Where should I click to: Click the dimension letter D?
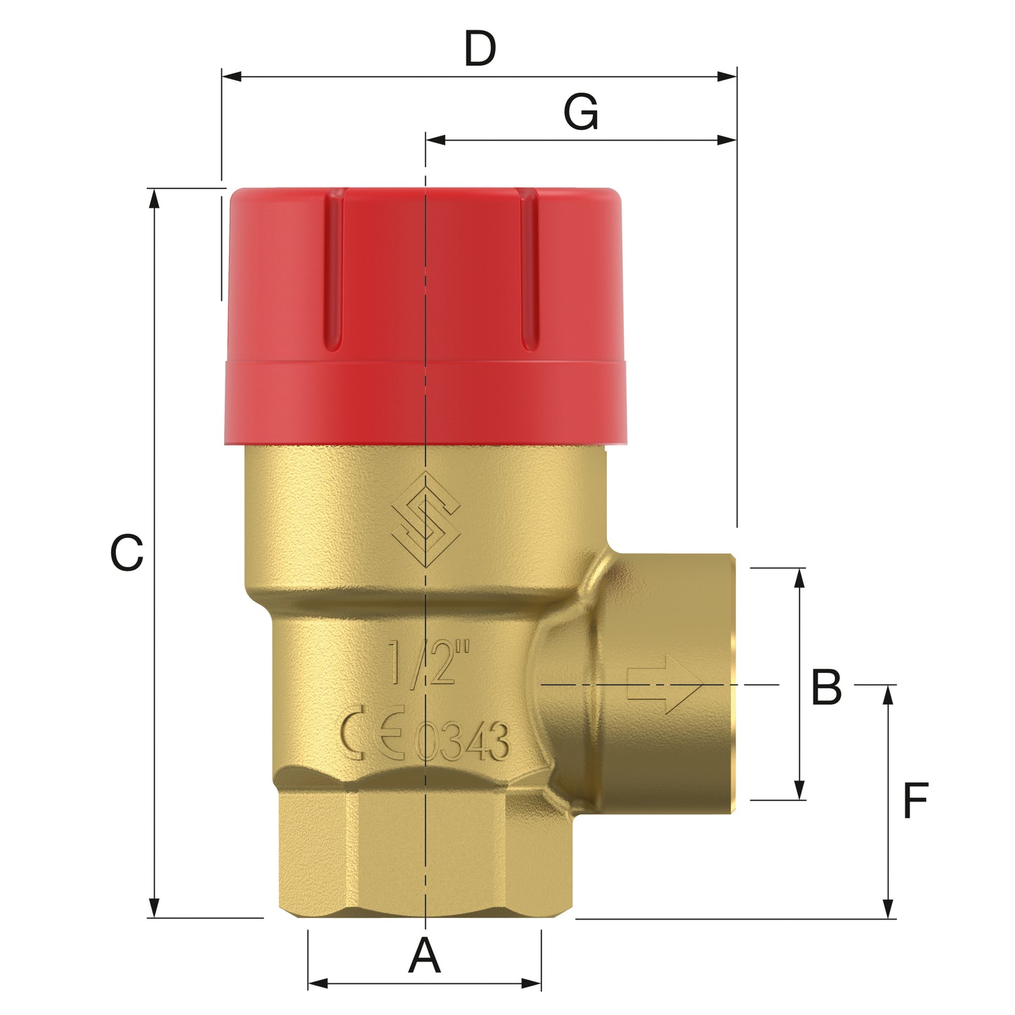point(480,49)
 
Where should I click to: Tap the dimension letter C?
point(127,553)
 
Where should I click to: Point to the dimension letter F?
point(916,801)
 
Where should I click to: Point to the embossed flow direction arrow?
point(663,684)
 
